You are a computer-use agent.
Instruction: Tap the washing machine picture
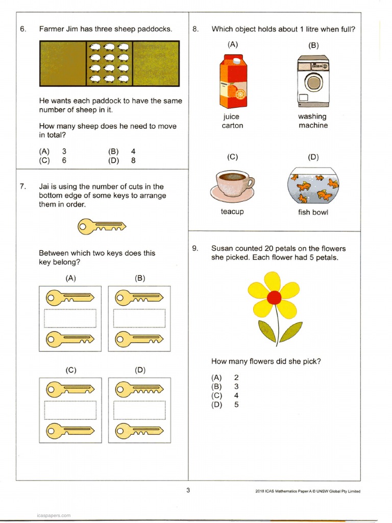(x=313, y=81)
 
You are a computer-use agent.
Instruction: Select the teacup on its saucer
(x=232, y=186)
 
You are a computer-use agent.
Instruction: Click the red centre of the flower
(x=274, y=297)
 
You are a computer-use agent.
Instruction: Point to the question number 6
(x=23, y=29)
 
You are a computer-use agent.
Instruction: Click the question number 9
(x=195, y=249)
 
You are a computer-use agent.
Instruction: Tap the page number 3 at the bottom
(x=188, y=491)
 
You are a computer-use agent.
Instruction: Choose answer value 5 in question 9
(x=236, y=405)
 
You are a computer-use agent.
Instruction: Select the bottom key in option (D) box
(x=139, y=430)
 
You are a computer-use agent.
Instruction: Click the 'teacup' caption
(x=232, y=211)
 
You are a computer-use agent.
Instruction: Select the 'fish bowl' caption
(x=313, y=212)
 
